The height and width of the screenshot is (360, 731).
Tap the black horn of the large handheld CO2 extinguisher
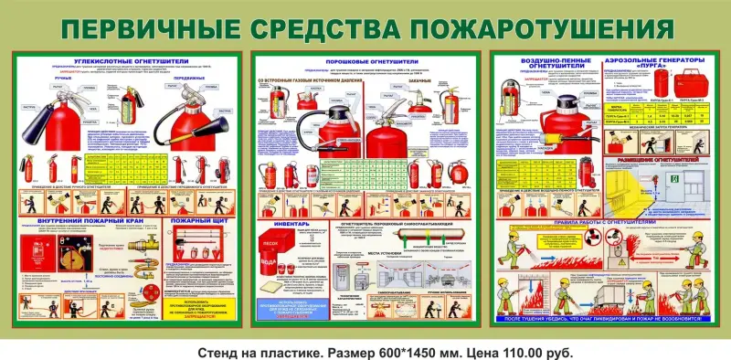[41, 118]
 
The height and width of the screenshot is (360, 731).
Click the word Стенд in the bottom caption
[220, 351]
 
